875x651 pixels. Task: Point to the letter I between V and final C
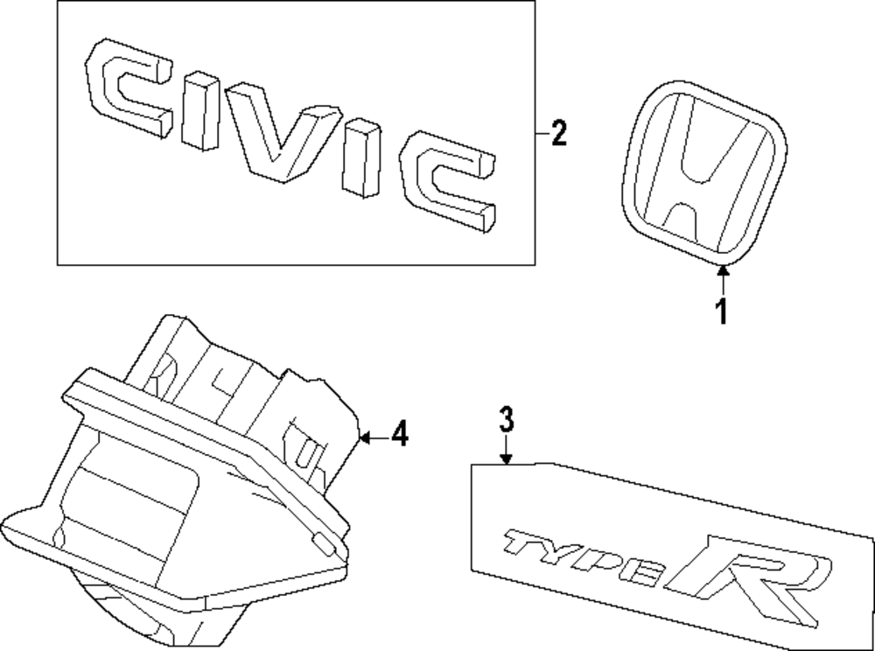361,159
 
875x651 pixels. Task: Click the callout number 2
558,135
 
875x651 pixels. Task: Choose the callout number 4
399,434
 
